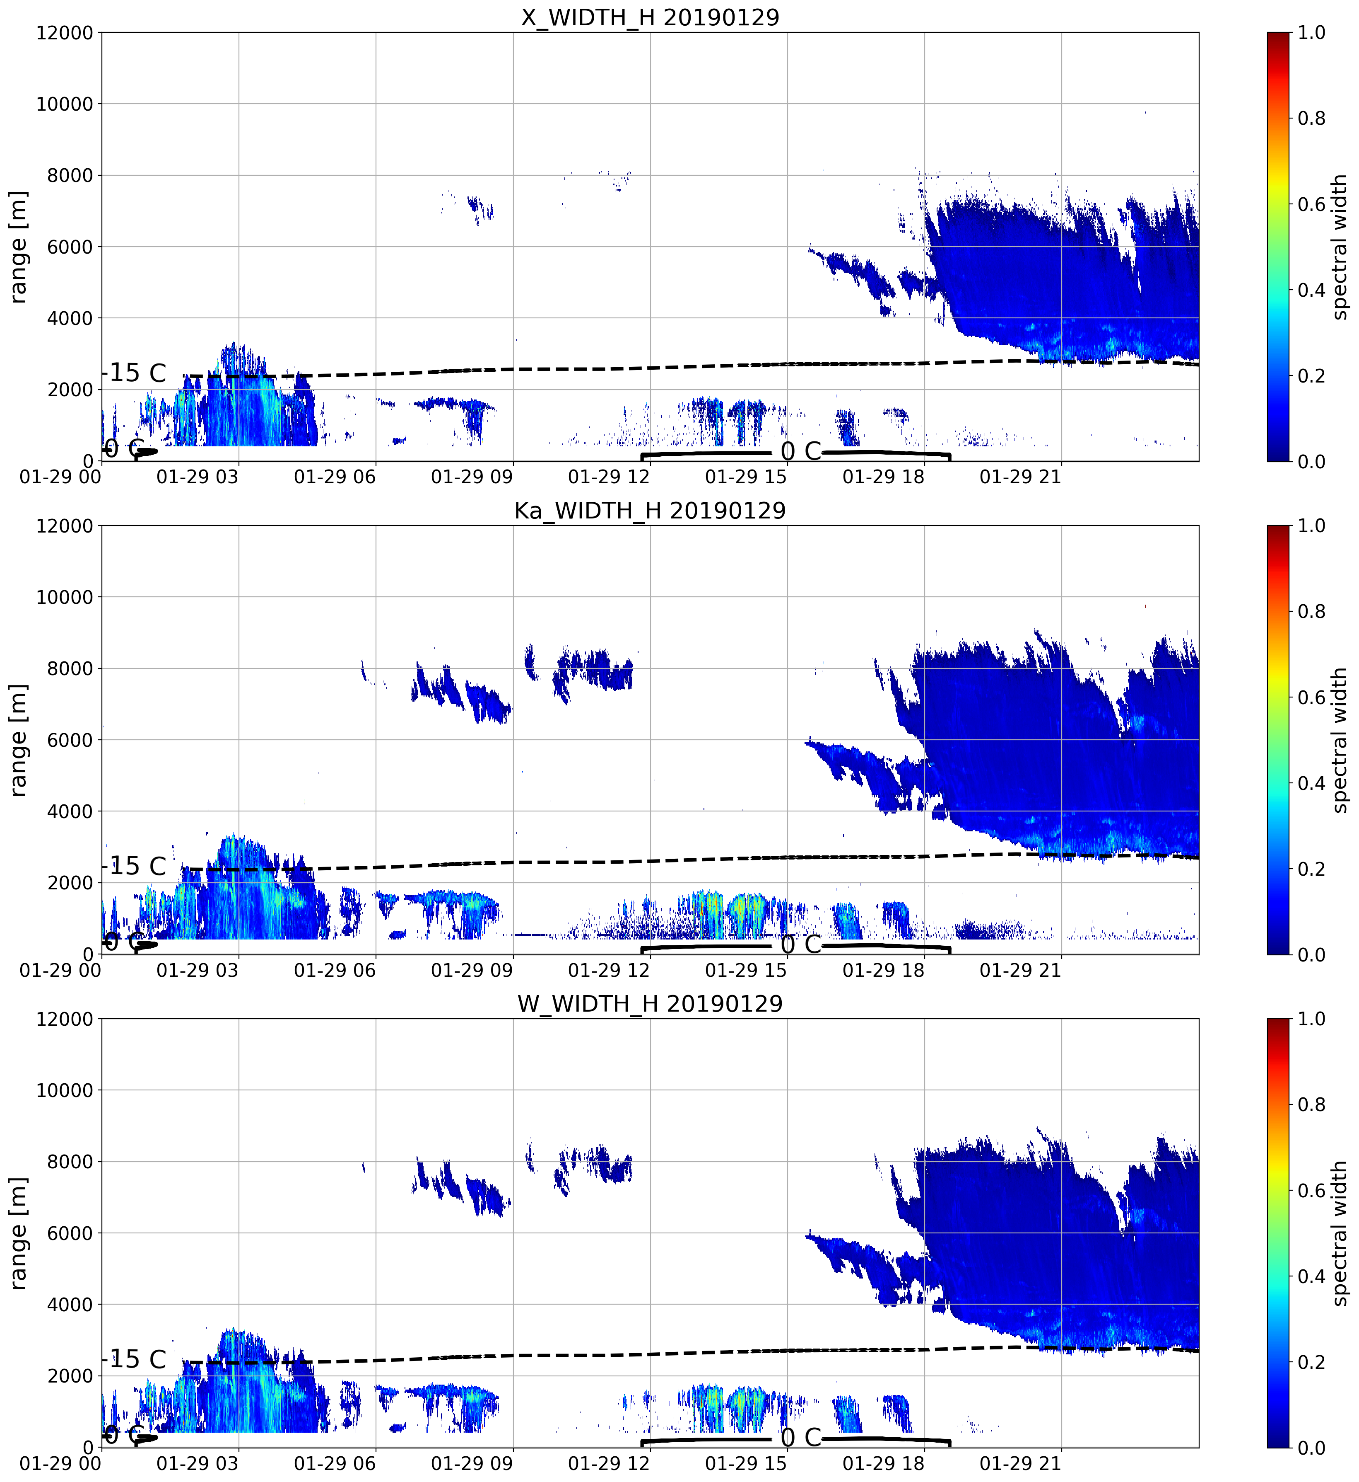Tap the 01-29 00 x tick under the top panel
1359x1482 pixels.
coord(60,477)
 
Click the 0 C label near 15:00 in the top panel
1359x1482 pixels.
coord(801,451)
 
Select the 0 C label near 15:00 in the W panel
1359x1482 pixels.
coord(801,1437)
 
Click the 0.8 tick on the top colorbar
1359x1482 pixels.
coord(1312,119)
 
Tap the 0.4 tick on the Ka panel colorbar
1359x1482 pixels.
coord(1312,783)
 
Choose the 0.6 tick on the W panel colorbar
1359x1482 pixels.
coord(1312,1190)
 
